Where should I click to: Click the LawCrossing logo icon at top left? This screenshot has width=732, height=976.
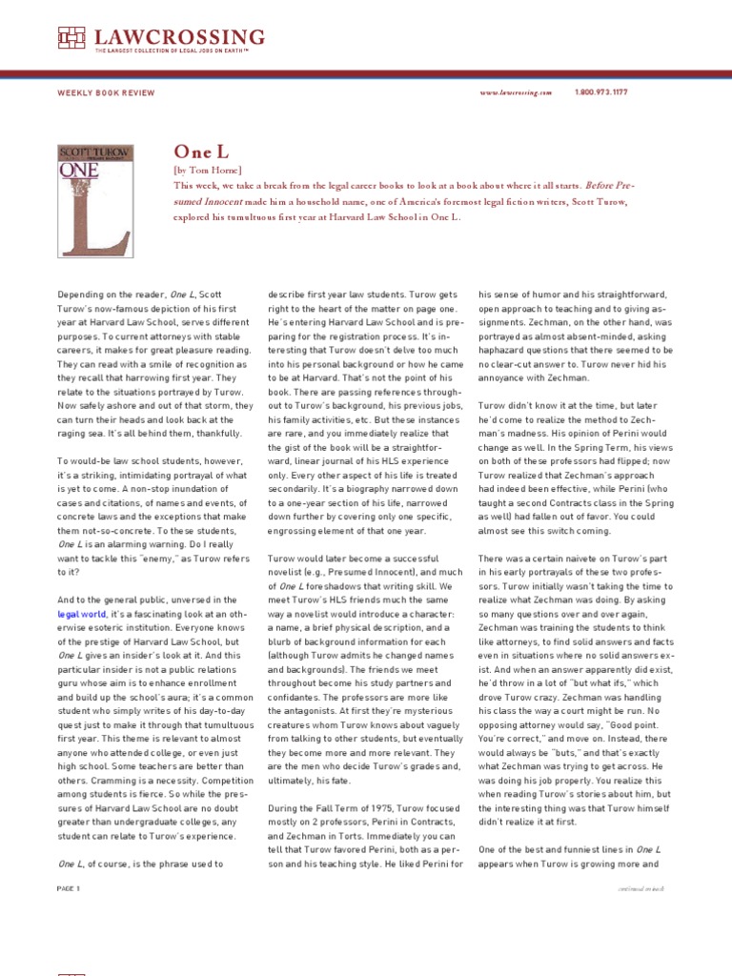(x=71, y=37)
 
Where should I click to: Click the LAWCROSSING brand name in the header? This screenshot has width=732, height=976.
(x=179, y=36)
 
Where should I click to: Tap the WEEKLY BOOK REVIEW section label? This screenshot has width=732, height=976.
(x=105, y=92)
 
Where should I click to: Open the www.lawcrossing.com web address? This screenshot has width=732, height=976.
(x=516, y=92)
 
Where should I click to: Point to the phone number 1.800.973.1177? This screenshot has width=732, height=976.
(x=601, y=92)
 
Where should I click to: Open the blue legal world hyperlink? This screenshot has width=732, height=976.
(x=83, y=616)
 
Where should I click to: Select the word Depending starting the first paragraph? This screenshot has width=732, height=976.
(x=81, y=295)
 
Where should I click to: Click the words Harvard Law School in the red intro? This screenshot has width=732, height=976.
(x=340, y=216)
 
